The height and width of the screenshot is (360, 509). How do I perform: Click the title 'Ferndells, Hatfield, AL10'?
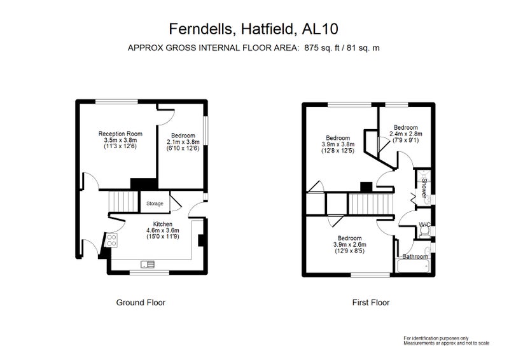[253, 29]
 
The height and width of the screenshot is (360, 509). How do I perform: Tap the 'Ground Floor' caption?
[141, 303]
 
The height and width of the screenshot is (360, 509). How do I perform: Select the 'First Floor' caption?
[371, 303]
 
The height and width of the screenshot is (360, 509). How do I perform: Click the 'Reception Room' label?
[120, 134]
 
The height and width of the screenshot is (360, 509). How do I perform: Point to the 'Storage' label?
[155, 204]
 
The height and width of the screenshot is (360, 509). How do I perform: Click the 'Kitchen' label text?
[163, 224]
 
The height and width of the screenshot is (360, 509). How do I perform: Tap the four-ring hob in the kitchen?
[112, 240]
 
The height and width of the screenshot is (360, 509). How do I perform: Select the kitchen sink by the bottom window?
[148, 264]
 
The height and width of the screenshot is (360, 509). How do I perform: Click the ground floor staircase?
[123, 202]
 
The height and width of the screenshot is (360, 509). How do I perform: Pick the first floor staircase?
[371, 204]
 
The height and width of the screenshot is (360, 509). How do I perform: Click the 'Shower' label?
[424, 188]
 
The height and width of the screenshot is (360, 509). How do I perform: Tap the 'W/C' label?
[424, 225]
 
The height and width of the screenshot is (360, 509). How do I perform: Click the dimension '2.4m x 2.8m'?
[406, 134]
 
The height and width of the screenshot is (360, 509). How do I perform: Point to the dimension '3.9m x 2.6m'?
[349, 244]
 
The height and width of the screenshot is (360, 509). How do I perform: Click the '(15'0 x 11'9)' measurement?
[163, 237]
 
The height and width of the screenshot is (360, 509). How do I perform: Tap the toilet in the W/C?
[424, 232]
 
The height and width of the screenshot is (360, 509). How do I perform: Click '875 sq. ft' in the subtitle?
[321, 48]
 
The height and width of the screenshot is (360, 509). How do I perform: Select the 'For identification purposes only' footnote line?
[436, 338]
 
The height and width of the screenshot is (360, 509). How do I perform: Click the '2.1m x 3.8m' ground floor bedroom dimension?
[183, 142]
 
